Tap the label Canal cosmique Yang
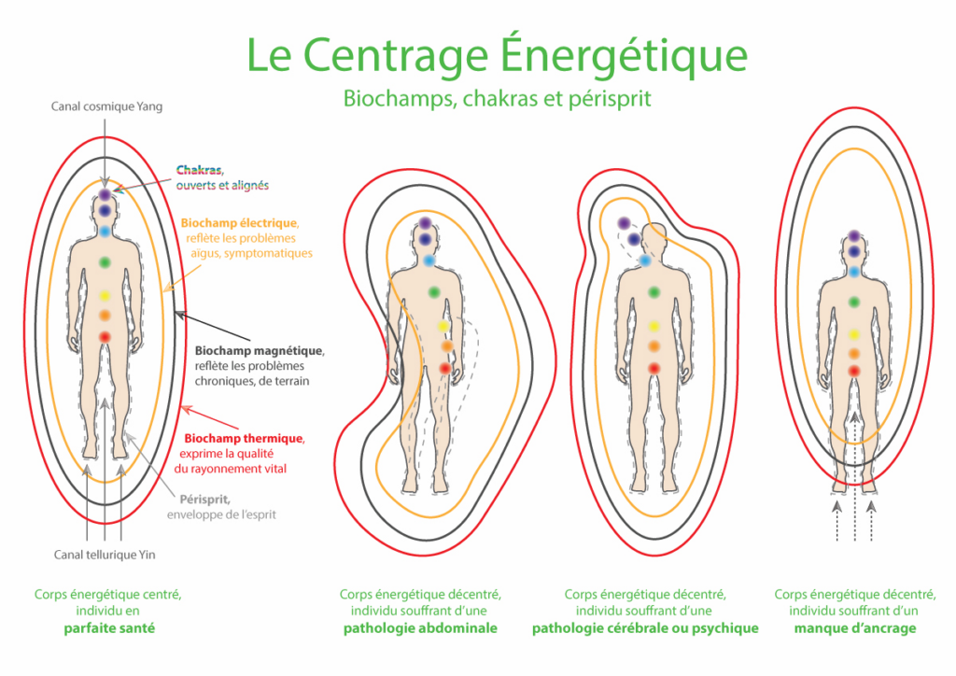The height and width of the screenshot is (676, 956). click(106, 106)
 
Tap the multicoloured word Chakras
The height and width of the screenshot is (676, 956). click(199, 171)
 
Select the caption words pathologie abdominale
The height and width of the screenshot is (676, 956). click(420, 628)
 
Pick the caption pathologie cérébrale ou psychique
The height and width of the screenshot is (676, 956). click(645, 628)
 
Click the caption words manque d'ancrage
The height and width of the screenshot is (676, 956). click(854, 628)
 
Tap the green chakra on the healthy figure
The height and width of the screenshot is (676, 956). click(105, 261)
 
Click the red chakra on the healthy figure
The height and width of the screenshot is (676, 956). click(105, 336)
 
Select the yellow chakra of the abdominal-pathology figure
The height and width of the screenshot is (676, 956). click(443, 327)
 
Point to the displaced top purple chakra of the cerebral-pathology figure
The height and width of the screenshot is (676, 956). click(624, 223)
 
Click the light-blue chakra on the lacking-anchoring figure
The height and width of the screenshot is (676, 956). click(853, 272)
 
